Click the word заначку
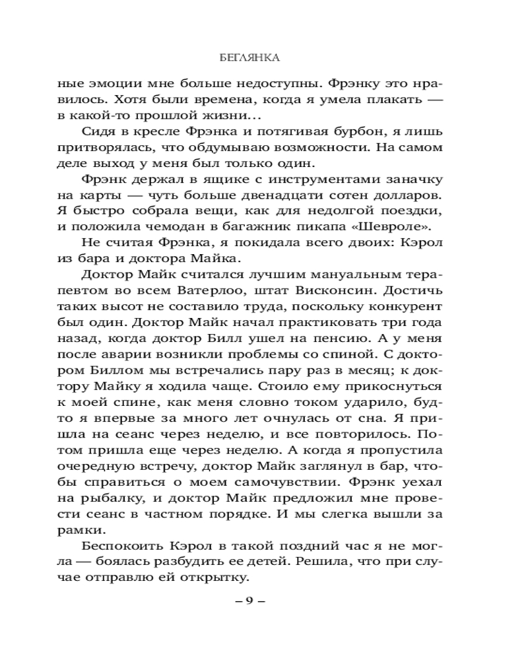tap(413, 180)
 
